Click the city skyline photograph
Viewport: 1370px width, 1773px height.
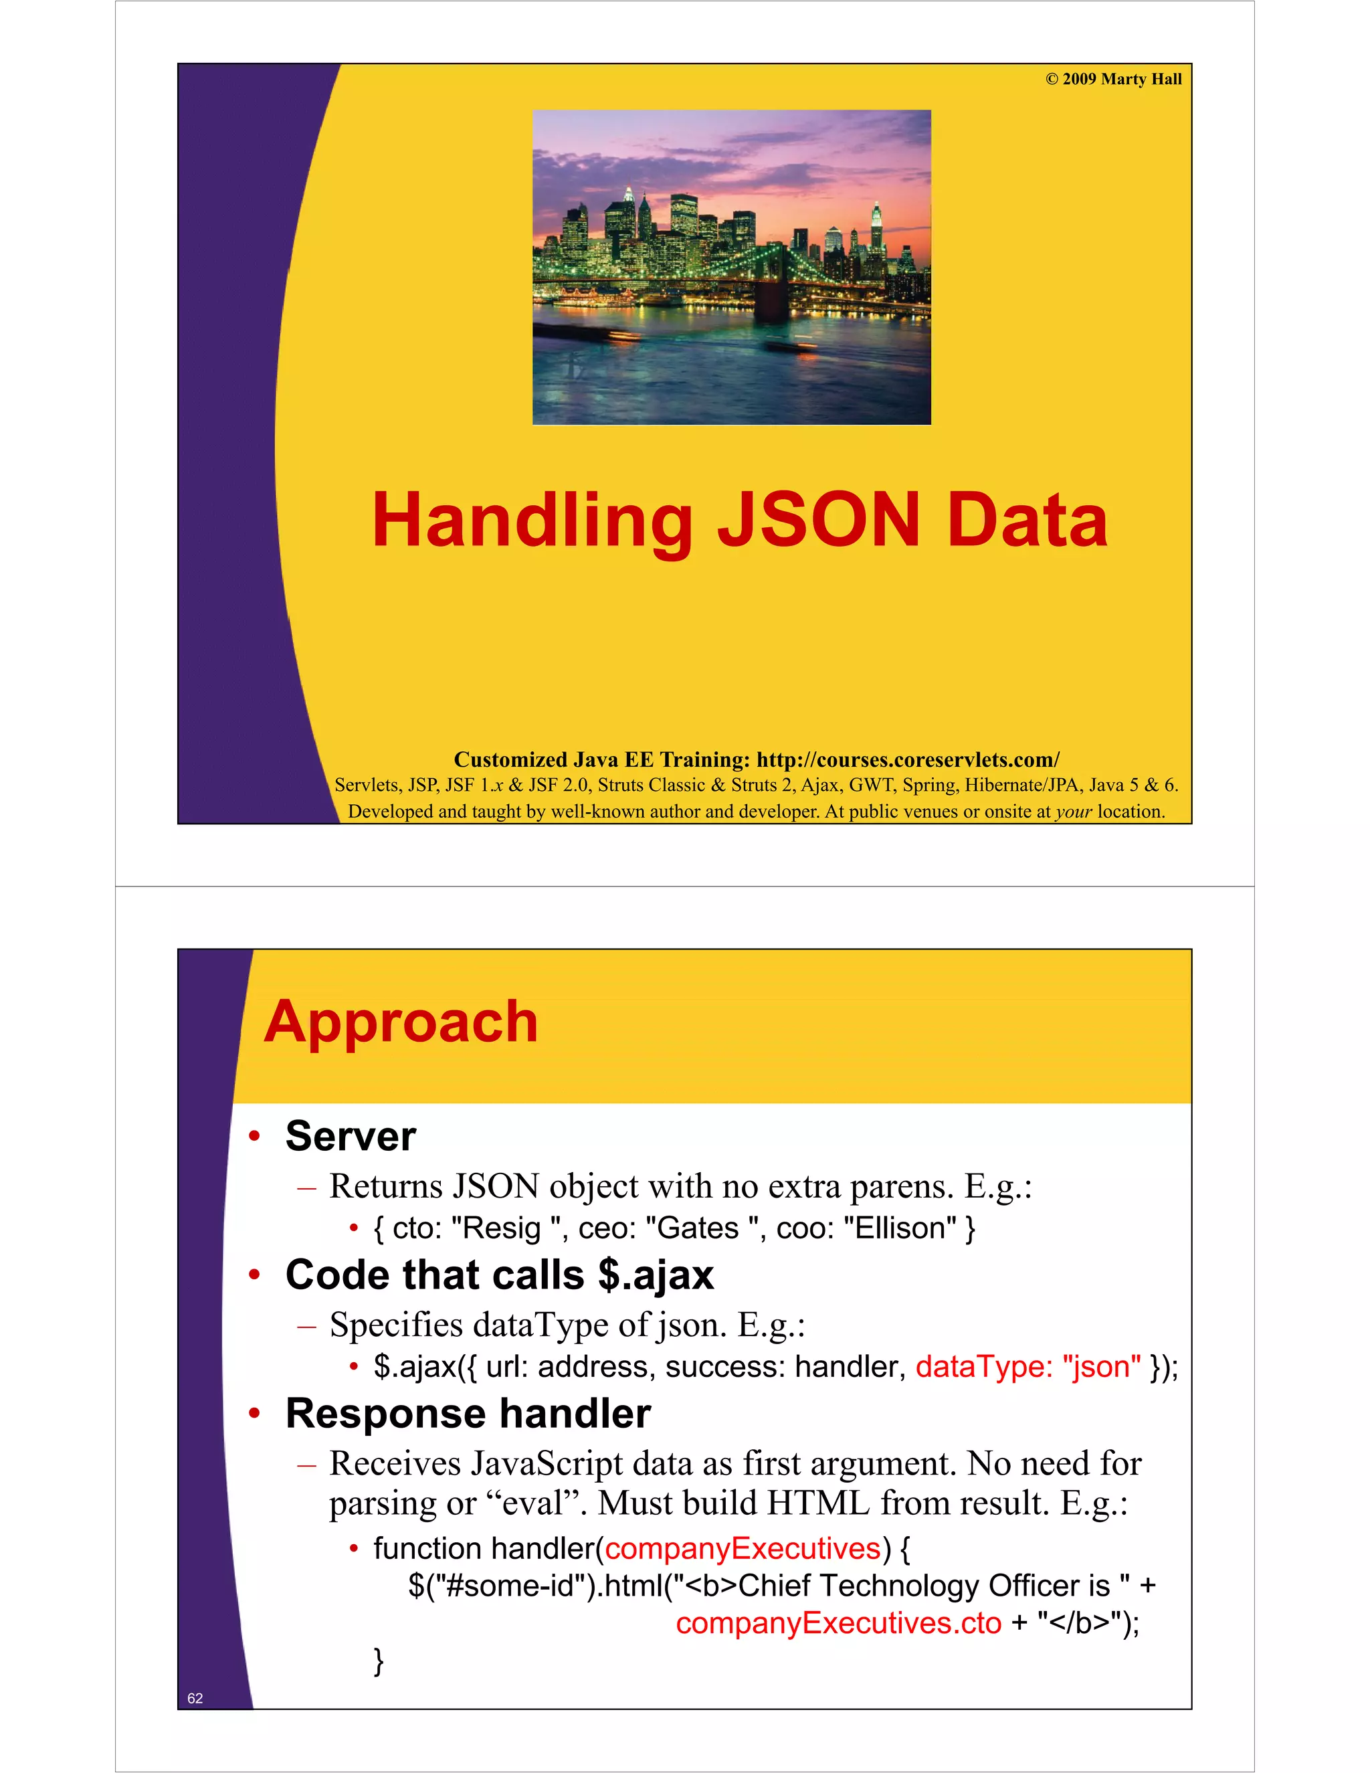[x=731, y=267]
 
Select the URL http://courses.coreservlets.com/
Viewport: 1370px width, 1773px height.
[x=907, y=760]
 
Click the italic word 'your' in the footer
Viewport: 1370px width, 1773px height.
[x=1073, y=811]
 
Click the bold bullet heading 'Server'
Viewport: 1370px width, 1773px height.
[x=351, y=1136]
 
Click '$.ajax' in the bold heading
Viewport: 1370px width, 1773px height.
[x=656, y=1275]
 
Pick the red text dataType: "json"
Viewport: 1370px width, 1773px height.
[x=1028, y=1367]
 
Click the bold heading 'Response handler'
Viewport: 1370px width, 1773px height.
[x=468, y=1413]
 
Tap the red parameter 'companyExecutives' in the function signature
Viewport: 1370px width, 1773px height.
[x=743, y=1549]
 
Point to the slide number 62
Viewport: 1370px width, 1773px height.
[x=195, y=1698]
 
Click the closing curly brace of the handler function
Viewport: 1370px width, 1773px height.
[x=378, y=1661]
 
